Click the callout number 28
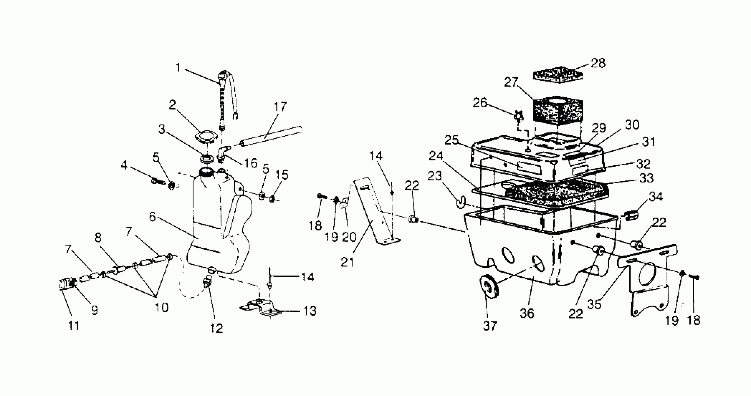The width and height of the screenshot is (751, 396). pos(598,63)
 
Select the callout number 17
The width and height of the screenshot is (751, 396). pos(280,107)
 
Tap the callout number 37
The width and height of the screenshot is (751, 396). pos(490,326)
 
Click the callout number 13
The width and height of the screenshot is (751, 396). pos(310,311)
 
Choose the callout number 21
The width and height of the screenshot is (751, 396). pos(347,262)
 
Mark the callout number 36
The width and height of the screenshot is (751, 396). pos(527,314)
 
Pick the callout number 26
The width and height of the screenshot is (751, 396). pos(480,103)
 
